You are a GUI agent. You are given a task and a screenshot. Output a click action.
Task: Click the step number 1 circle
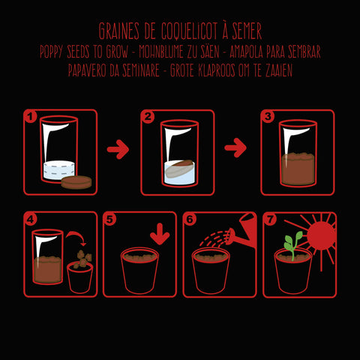[30, 117]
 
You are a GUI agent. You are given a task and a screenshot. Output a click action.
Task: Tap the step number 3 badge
[268, 116]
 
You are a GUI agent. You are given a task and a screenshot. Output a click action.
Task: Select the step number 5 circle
[109, 220]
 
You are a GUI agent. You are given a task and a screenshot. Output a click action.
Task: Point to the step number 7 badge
[270, 219]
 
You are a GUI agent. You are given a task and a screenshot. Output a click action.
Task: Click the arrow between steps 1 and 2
[118, 149]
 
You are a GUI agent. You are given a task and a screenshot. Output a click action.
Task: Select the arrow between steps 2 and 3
[235, 148]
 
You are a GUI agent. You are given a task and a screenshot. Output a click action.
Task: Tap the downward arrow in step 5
[160, 234]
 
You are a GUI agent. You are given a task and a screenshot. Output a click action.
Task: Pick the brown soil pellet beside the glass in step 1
[76, 182]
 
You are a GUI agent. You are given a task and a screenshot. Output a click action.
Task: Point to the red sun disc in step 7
[321, 235]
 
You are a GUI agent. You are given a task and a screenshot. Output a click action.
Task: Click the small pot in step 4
[79, 277]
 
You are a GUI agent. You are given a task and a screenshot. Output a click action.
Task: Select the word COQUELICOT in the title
[190, 31]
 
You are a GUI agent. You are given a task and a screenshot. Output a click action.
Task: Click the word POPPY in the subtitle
[51, 52]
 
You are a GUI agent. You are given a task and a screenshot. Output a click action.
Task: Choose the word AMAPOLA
[246, 52]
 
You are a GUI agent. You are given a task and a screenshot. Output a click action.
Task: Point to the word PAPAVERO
[87, 70]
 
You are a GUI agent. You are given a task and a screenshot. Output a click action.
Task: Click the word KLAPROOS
[217, 70]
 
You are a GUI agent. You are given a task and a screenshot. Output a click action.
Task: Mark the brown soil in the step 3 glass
[298, 169]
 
